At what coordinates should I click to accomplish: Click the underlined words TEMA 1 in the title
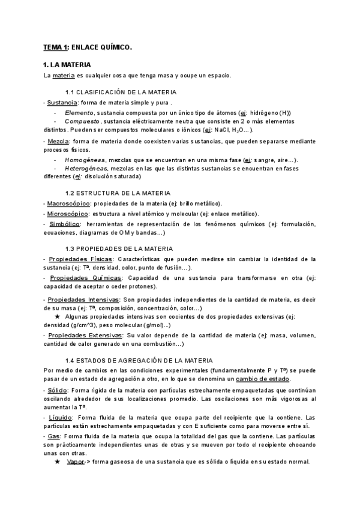click(x=56, y=47)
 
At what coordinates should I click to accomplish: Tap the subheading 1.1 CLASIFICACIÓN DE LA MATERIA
click(x=121, y=92)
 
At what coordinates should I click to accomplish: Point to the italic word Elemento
click(x=79, y=112)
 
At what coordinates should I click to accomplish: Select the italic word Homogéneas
click(x=84, y=160)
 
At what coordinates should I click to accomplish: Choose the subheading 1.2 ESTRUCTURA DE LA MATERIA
click(x=118, y=193)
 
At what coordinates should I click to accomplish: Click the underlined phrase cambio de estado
click(x=262, y=379)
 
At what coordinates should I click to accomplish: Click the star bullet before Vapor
click(x=57, y=462)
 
